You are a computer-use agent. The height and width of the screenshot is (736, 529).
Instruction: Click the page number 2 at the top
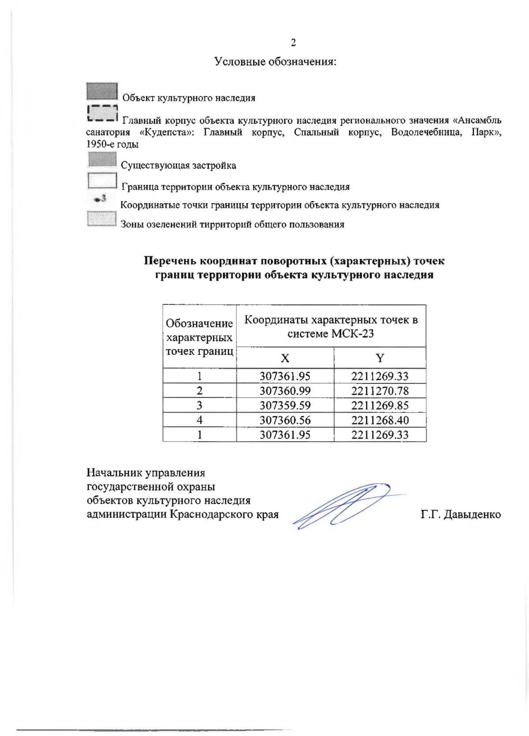293,43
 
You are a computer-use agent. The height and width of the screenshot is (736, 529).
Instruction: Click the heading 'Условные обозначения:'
276,62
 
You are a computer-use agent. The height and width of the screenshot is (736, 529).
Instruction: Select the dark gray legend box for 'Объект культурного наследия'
102,91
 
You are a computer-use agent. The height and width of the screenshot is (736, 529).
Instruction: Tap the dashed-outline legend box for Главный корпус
102,113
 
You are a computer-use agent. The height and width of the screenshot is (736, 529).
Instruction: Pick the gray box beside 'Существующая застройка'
102,160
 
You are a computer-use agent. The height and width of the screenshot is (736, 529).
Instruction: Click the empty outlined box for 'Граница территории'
102,181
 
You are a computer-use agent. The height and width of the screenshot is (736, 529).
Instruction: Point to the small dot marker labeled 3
99,199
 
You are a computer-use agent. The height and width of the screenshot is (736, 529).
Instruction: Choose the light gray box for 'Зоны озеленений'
102,219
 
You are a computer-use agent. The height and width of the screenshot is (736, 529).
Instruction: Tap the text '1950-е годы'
112,144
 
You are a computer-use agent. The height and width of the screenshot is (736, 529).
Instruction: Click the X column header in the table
285,358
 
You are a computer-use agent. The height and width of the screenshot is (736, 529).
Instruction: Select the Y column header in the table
380,358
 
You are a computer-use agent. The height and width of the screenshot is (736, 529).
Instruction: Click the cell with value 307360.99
285,391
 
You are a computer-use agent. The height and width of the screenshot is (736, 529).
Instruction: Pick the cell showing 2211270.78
380,391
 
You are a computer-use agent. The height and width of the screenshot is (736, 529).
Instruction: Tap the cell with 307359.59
285,405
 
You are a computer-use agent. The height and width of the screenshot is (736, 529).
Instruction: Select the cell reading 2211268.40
380,420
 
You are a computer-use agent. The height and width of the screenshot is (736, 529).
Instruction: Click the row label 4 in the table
200,420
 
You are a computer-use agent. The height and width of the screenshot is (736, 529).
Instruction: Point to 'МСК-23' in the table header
352,334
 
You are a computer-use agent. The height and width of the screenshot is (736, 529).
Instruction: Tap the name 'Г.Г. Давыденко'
461,514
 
